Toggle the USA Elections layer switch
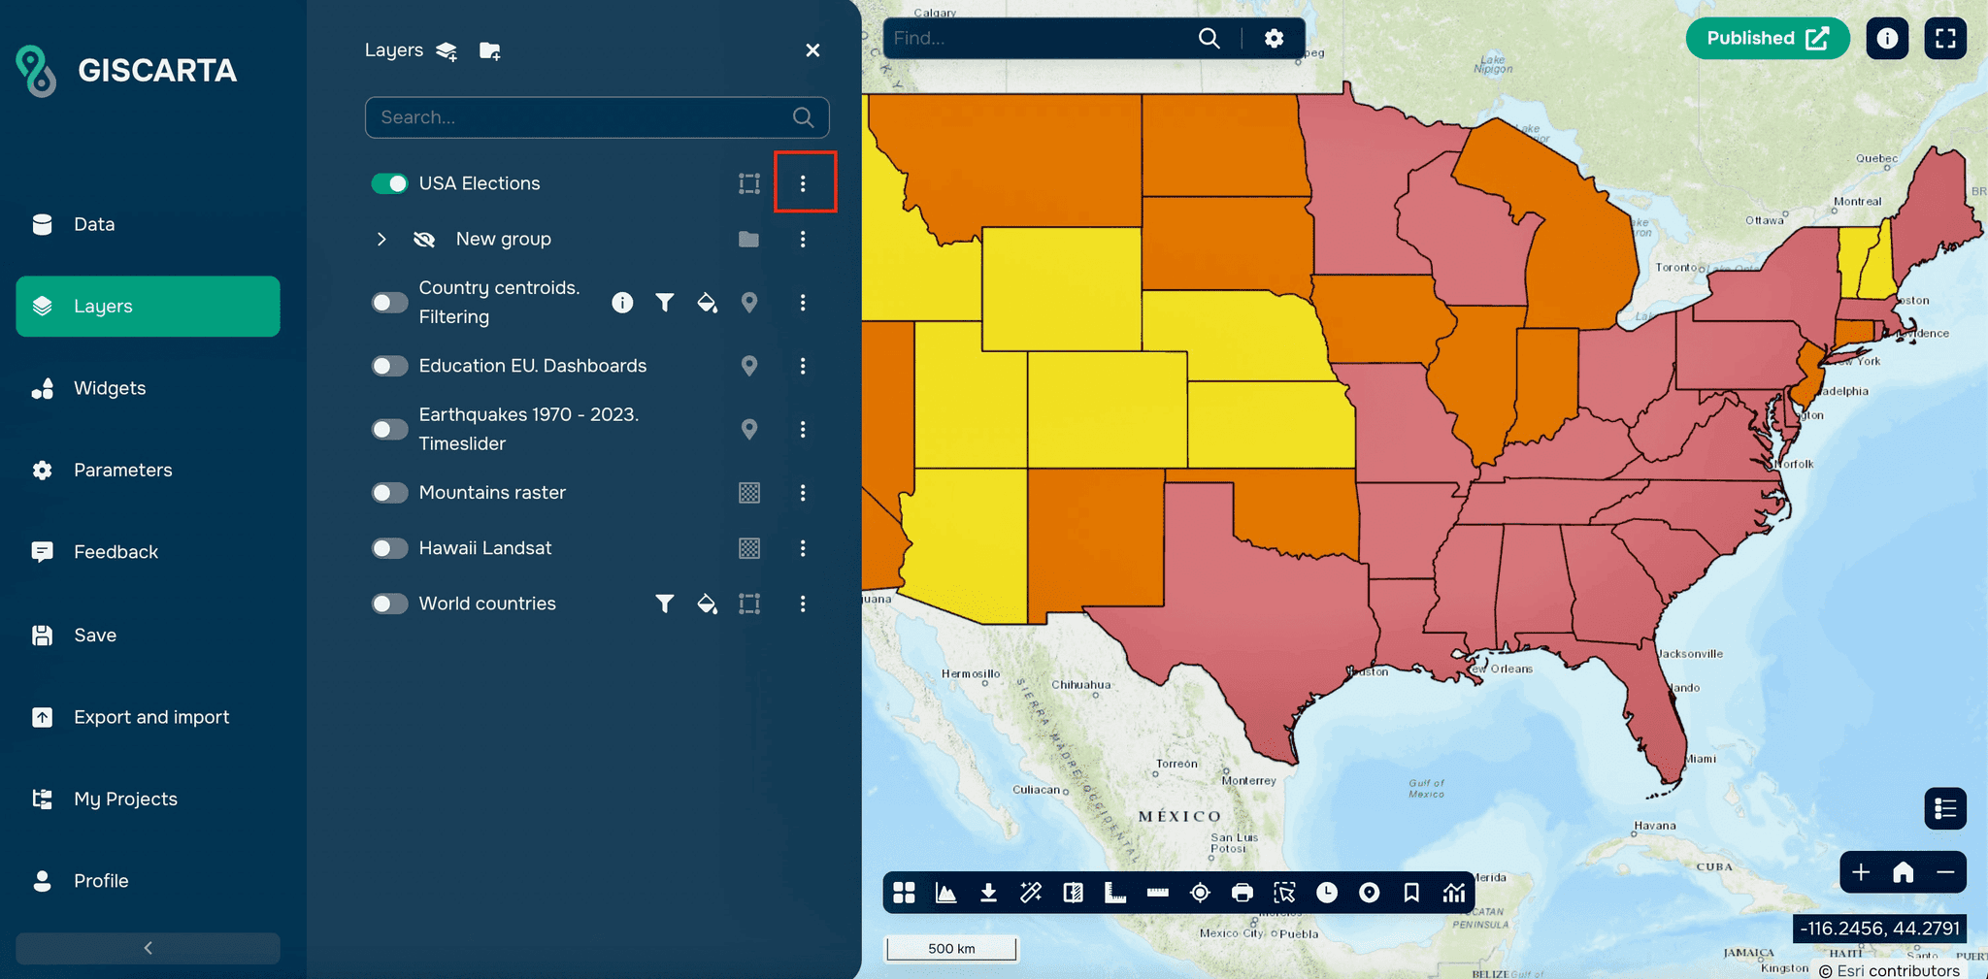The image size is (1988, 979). click(389, 183)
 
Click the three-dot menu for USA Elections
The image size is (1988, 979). click(803, 183)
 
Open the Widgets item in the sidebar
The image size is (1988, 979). click(109, 388)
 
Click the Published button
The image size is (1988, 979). click(1767, 38)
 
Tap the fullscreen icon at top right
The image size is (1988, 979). click(1945, 38)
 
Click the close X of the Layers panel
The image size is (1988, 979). click(812, 50)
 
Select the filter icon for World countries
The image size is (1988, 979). click(664, 604)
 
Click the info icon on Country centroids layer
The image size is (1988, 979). click(622, 303)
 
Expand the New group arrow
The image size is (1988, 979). click(381, 239)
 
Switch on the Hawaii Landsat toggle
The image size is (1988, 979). click(389, 548)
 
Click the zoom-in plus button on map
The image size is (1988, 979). click(1861, 872)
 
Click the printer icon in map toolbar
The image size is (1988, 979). click(1242, 893)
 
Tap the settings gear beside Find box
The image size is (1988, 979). click(1274, 38)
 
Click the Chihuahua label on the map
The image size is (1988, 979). click(1080, 685)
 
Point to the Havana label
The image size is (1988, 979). click(1655, 826)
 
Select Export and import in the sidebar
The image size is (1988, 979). click(150, 717)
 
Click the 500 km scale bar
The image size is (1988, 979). click(951, 948)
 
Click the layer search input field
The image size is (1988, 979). click(582, 117)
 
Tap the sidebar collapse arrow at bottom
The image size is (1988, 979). click(148, 948)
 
